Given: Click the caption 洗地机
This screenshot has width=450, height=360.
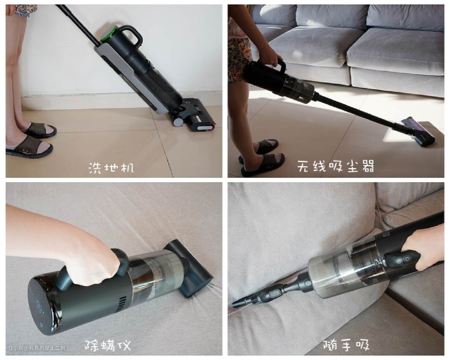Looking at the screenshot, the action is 111,167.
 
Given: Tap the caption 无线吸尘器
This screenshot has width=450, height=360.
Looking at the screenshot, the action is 335,166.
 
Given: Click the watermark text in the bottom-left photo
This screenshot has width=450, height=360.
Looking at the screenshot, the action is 37,347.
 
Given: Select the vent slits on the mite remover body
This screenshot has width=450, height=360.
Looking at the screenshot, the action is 122,305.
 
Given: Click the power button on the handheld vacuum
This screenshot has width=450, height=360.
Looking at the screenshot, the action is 407,259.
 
